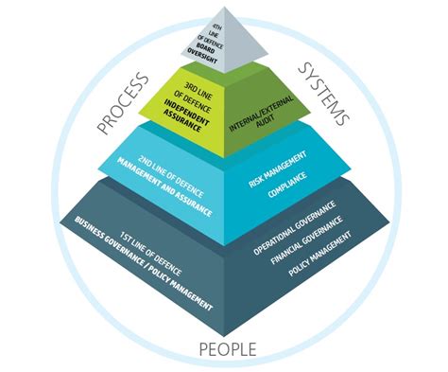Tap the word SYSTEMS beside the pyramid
[324, 95]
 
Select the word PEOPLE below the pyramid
[227, 349]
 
